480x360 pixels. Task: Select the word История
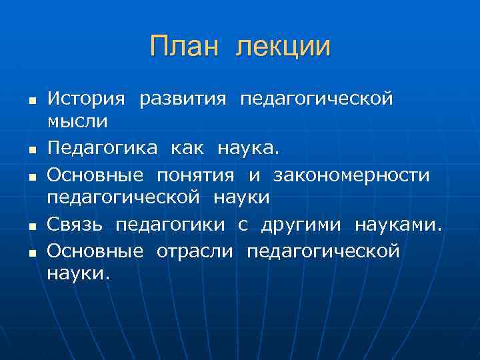(x=86, y=99)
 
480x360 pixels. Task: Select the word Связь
(x=75, y=225)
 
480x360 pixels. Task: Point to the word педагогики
(x=170, y=226)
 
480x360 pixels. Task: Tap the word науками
(x=398, y=225)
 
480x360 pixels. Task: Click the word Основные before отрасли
(x=95, y=251)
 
